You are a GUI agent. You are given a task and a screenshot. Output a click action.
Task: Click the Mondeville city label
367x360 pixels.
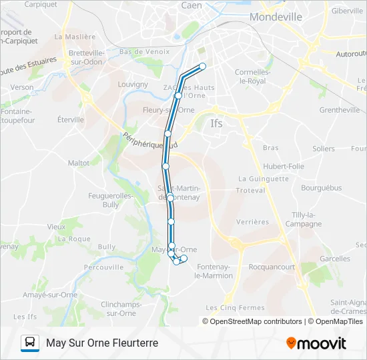277,17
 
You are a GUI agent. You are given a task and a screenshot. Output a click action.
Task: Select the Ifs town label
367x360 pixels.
216,123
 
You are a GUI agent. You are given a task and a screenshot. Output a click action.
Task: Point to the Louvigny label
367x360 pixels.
133,85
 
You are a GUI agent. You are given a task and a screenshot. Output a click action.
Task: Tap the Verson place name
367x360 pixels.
22,87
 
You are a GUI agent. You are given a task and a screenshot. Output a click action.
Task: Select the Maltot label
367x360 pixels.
79,163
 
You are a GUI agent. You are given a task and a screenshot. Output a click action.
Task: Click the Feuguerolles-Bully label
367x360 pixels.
111,200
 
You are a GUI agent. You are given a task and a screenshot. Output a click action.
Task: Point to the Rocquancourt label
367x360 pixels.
272,267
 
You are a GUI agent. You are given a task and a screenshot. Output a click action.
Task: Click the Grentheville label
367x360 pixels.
340,110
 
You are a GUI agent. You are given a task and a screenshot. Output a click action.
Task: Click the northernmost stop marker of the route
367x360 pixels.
202,66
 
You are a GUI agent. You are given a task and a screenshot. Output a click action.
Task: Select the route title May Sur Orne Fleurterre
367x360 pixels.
102,343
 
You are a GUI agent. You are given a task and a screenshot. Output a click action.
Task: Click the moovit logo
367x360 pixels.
316,343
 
